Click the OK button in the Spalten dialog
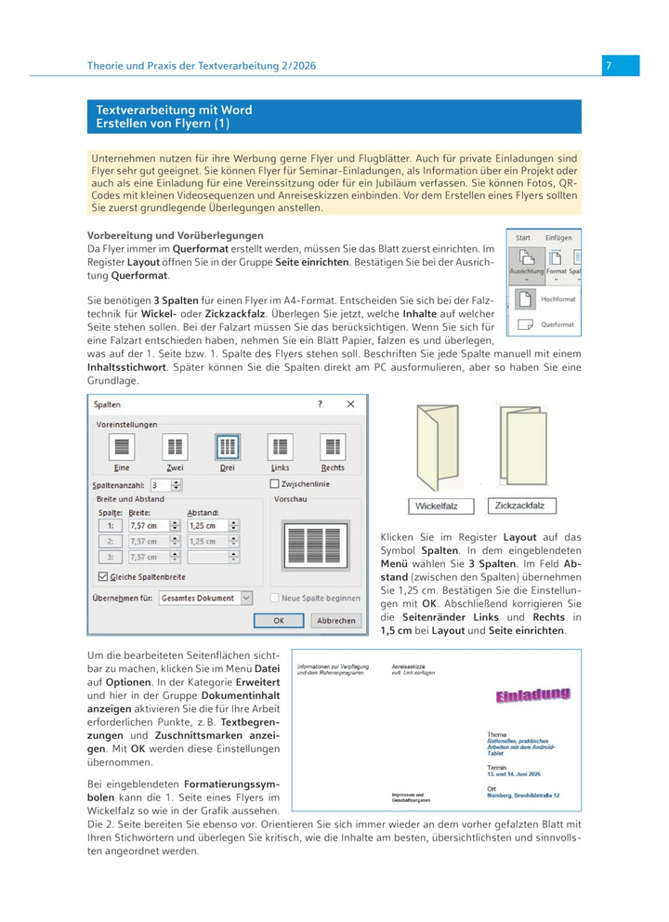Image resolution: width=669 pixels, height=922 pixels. point(279,620)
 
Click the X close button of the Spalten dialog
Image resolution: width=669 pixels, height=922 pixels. point(350,404)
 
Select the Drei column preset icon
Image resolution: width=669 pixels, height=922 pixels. point(227,447)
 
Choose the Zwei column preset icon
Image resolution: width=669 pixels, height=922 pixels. point(175,447)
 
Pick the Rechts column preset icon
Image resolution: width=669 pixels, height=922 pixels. point(333,447)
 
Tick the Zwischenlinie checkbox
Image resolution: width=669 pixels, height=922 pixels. point(274,484)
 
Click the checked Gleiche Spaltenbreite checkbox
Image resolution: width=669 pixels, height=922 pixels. point(102,576)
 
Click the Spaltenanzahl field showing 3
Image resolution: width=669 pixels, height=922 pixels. point(159,485)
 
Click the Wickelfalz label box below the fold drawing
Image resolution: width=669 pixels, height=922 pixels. point(441,507)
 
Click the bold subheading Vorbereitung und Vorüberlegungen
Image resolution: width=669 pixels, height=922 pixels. point(175,235)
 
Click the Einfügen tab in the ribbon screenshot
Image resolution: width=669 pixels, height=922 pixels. point(558,238)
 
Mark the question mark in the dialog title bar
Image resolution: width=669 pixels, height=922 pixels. point(320,404)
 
